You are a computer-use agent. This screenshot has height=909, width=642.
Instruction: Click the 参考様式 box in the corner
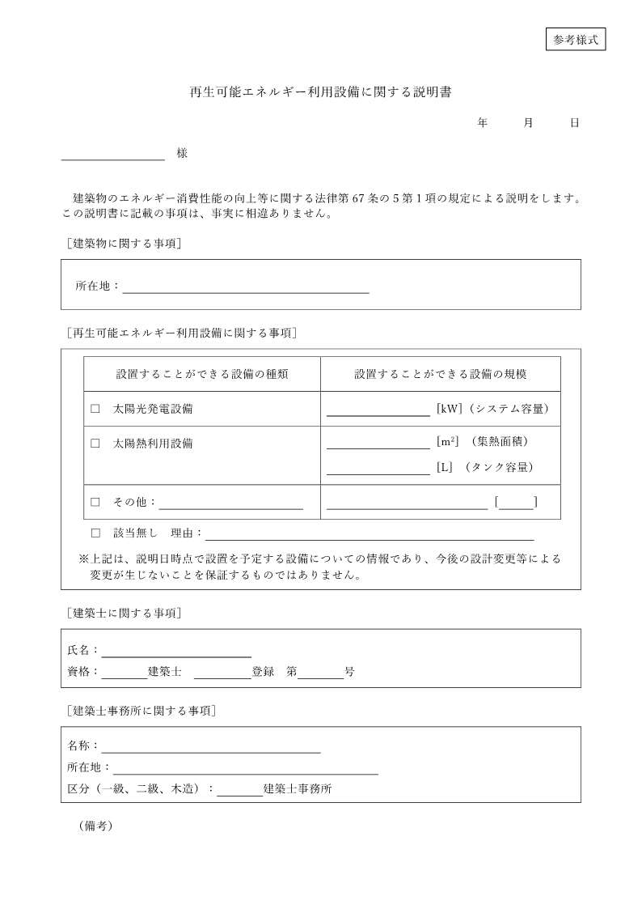576,39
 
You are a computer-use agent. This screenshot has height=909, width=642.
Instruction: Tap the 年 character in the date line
483,123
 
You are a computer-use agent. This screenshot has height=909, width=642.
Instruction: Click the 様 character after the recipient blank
182,153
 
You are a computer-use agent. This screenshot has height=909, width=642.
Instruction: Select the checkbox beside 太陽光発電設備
95,409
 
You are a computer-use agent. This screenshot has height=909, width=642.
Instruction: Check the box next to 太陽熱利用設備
95,444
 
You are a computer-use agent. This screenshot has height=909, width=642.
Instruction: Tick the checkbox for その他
95,502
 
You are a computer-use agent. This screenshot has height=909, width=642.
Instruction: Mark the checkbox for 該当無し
95,533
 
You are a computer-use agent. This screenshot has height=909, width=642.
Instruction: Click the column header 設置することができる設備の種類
202,374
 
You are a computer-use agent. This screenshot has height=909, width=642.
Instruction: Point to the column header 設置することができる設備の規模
441,374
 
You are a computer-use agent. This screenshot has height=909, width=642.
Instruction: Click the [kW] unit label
449,409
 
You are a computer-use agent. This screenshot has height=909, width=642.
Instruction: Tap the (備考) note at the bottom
95,826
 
